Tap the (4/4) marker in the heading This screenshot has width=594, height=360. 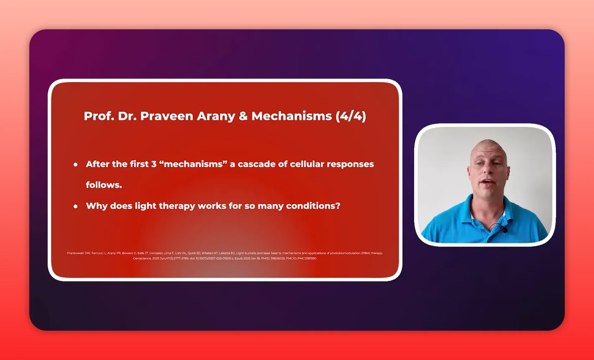pyautogui.click(x=351, y=116)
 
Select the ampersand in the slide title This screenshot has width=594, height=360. pyautogui.click(x=243, y=116)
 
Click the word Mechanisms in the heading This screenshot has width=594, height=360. pyautogui.click(x=292, y=116)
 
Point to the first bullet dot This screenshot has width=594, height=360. pyautogui.click(x=76, y=165)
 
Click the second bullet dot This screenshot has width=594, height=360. pyautogui.click(x=76, y=206)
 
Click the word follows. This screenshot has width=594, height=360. pyautogui.click(x=104, y=185)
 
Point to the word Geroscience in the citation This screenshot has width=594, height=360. pyautogui.click(x=142, y=258)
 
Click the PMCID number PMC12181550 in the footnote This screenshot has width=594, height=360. pyautogui.click(x=307, y=258)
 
